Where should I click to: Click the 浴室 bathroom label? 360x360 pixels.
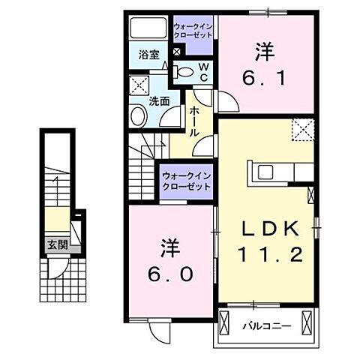[x=148, y=54]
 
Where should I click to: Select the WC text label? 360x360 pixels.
[x=202, y=73]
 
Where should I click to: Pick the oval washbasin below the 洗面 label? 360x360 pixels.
[x=138, y=115]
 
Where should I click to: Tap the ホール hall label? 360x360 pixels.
[x=194, y=119]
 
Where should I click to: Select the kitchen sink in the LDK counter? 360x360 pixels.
[x=268, y=172]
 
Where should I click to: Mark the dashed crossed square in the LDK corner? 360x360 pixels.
[x=302, y=130]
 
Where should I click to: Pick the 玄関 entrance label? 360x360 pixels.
[x=54, y=244]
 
